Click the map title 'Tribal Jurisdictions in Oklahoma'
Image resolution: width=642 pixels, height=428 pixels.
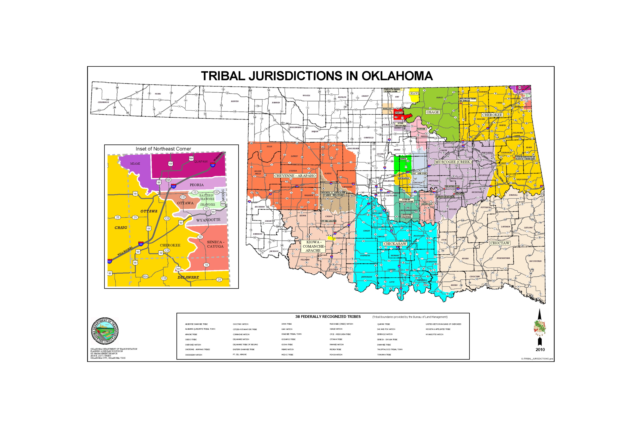pyautogui.click(x=317, y=76)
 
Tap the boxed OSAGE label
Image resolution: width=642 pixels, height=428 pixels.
pyautogui.click(x=433, y=112)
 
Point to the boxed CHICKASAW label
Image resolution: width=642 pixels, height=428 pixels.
pyautogui.click(x=395, y=244)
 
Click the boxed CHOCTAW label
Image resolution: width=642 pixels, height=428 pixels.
pyautogui.click(x=500, y=243)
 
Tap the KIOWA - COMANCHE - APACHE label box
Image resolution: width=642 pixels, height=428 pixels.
pyautogui.click(x=313, y=246)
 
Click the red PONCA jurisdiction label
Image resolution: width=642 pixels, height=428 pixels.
pyautogui.click(x=399, y=113)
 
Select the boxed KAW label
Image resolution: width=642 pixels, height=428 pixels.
pyautogui.click(x=414, y=93)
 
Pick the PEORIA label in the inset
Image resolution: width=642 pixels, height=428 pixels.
pyautogui.click(x=197, y=185)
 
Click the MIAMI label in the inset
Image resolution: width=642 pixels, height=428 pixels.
pyautogui.click(x=135, y=163)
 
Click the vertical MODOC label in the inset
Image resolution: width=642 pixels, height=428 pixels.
pyautogui.click(x=223, y=194)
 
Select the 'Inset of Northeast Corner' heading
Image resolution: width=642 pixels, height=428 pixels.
pyautogui.click(x=163, y=149)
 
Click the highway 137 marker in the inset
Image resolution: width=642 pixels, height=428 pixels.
pyautogui.click(x=183, y=197)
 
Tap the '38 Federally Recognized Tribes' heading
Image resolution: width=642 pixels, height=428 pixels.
pyautogui.click(x=328, y=317)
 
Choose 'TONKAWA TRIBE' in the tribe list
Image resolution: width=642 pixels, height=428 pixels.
pyautogui.click(x=384, y=355)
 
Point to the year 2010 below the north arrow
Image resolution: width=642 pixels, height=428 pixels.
pyautogui.click(x=540, y=350)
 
